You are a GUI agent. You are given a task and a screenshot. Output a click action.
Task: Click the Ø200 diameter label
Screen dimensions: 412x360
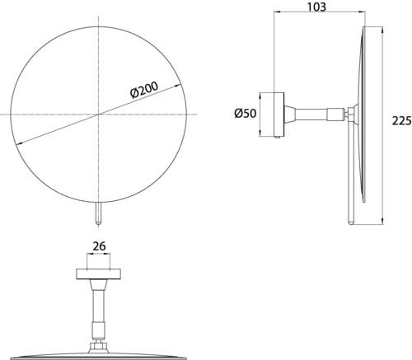[x=144, y=90]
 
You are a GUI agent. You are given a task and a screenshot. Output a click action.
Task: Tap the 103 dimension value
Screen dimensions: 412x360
[x=316, y=7]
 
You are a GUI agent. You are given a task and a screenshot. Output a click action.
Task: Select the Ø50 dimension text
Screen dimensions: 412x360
[x=246, y=113]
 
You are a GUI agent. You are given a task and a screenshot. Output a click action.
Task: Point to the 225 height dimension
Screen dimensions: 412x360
[x=402, y=120]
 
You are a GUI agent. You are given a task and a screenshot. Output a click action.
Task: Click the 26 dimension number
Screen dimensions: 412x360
[x=99, y=246]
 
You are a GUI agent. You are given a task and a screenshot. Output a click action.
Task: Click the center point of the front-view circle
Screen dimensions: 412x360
[x=99, y=115]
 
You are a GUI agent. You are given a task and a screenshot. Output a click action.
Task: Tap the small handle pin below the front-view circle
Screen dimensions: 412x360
[x=99, y=213]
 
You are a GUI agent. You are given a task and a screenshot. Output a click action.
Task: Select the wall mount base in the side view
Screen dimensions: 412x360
[x=279, y=115]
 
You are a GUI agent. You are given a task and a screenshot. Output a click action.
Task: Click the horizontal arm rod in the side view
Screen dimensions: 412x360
[x=311, y=115]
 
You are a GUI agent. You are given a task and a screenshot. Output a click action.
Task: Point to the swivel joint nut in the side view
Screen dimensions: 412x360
[x=350, y=115]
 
